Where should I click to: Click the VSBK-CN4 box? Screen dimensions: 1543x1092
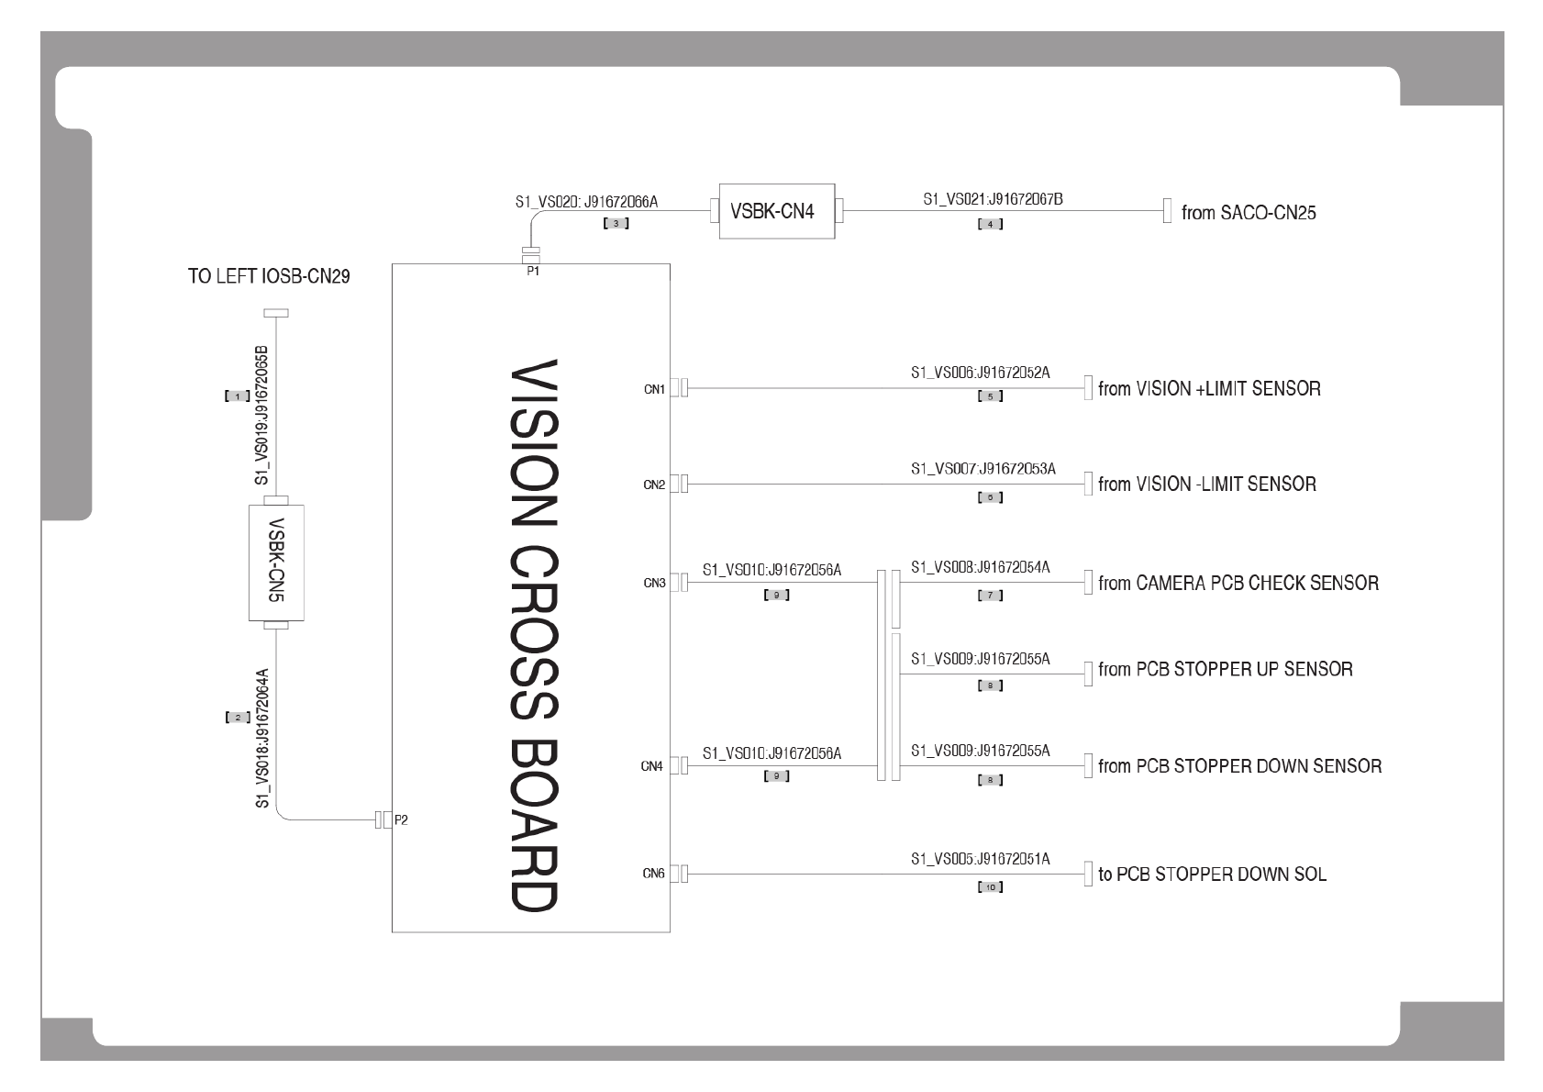[x=776, y=211]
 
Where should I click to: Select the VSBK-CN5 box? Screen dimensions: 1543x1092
[x=276, y=563]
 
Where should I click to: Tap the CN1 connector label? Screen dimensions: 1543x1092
[x=654, y=389]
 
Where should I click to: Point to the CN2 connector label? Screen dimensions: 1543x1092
[x=654, y=485]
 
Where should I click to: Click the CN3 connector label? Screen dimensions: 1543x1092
[x=654, y=583]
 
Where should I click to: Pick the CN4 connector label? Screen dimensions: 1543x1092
[x=652, y=766]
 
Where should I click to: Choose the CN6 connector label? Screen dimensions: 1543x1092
[x=653, y=874]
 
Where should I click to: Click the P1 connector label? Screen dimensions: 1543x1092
[x=533, y=271]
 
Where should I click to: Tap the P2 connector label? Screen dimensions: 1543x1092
[x=401, y=820]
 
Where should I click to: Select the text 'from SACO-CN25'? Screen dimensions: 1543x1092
[x=1249, y=213]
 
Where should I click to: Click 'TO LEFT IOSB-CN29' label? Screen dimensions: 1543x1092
[x=269, y=276]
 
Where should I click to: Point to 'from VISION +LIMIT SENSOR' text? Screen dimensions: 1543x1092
[x=1209, y=389]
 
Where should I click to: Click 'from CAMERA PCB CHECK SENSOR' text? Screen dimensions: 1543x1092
[x=1238, y=583]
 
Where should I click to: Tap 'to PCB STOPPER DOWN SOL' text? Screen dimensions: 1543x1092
[x=1212, y=874]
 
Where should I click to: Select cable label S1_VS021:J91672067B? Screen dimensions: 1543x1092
[x=993, y=199]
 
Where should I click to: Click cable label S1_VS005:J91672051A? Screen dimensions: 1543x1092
[x=980, y=859]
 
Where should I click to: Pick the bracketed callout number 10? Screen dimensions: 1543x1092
[x=990, y=887]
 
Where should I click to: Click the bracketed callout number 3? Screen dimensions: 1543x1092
[x=616, y=224]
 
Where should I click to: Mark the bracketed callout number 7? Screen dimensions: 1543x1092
[x=990, y=596]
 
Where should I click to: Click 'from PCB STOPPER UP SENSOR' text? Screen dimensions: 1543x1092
[x=1225, y=669]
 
